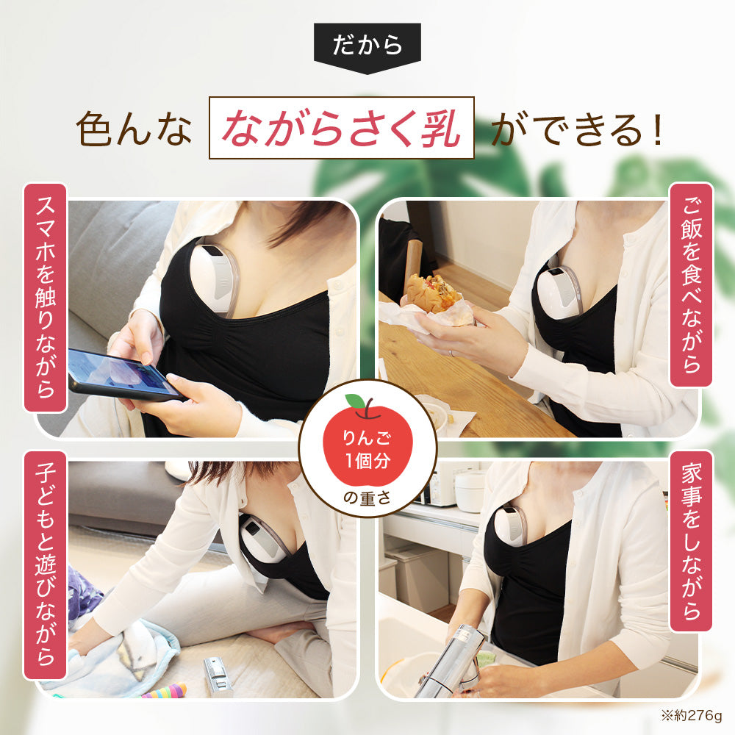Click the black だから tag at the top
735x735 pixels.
tap(367, 46)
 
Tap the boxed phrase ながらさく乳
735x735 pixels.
tap(342, 128)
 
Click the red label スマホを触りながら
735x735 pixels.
tap(46, 297)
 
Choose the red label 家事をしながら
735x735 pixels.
tap(690, 542)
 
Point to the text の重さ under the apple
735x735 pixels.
tap(367, 499)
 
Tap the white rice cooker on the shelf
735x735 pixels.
tap(470, 489)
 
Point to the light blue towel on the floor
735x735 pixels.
tap(118, 654)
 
